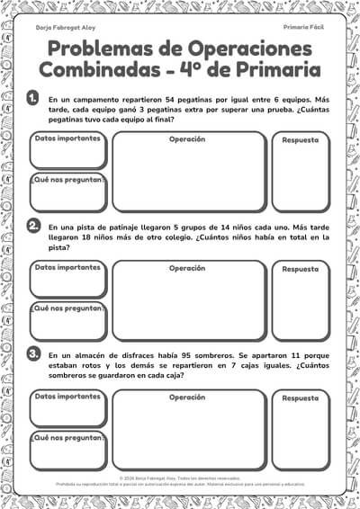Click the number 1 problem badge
click(33, 97)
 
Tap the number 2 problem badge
click(33, 225)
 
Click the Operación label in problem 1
click(188, 139)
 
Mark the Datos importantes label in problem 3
click(67, 397)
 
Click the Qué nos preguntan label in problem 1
click(67, 179)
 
